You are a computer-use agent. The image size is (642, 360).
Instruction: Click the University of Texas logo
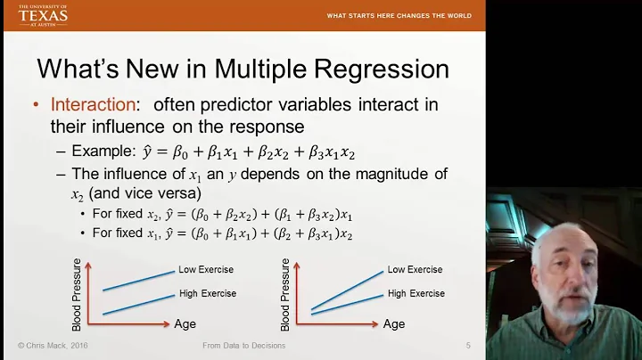(x=43, y=15)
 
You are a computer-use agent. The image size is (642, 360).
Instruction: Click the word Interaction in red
(x=92, y=105)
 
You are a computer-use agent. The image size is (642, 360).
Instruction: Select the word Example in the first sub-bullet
(x=102, y=151)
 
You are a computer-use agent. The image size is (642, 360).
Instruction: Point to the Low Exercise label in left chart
(x=207, y=269)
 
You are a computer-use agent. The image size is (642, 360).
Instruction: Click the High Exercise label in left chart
(x=208, y=293)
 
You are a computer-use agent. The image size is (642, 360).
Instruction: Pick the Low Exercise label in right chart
(x=415, y=269)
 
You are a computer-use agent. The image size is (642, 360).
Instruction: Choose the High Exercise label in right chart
(x=416, y=293)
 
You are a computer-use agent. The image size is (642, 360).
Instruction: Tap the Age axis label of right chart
(x=393, y=324)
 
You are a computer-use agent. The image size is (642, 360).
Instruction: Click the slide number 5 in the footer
(x=468, y=345)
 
